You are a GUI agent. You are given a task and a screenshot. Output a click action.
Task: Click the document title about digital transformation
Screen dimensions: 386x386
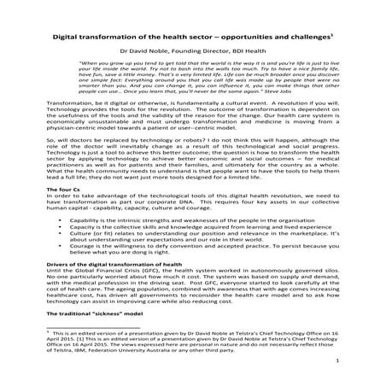coord(191,39)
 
